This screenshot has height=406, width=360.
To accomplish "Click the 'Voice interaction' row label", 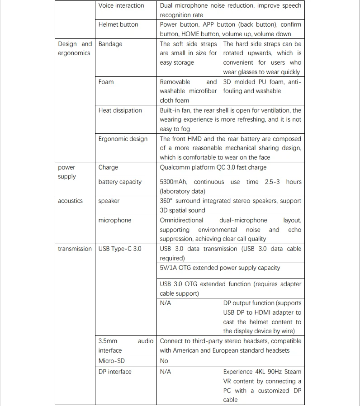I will point(121,5).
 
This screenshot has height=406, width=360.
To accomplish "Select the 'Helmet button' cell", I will point(118,24).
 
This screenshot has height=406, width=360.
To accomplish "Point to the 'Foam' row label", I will point(106,82).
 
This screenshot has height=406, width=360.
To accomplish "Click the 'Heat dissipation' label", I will point(120,110).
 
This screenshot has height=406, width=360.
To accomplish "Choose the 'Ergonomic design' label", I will point(123,139).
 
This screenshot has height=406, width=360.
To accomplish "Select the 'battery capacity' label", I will point(120,182).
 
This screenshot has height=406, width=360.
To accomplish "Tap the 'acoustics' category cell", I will point(70,201).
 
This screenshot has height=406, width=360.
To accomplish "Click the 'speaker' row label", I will point(109,201).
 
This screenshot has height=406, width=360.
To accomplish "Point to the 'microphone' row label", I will point(115,220).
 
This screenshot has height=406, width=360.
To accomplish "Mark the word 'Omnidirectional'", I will point(181,220).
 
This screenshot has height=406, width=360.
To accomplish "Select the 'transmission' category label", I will point(75,249).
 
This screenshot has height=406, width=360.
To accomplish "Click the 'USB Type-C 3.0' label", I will point(119,249).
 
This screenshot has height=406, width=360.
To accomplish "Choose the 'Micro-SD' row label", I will point(111,361).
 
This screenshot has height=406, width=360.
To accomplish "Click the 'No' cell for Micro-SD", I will point(164,361).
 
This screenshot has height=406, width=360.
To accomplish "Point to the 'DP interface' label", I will point(115,372).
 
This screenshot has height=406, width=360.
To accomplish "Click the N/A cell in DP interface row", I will point(166,372).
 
